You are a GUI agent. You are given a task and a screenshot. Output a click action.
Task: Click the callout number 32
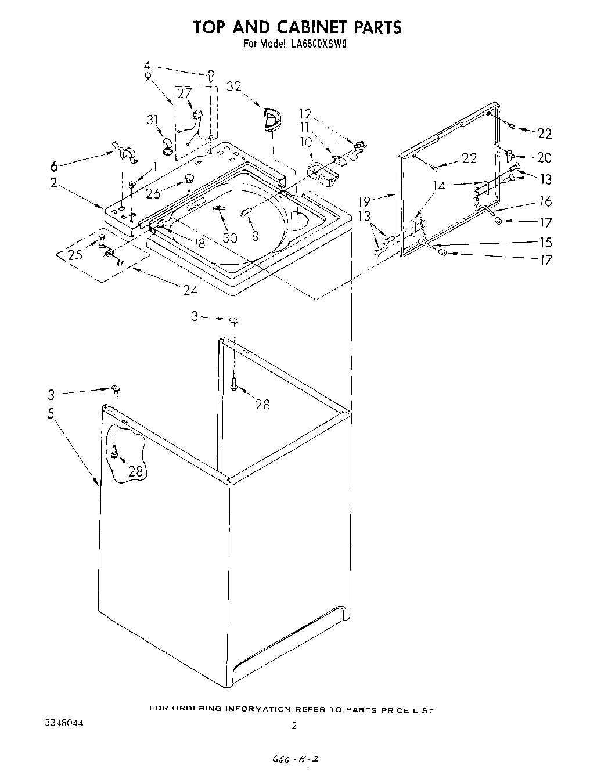235,87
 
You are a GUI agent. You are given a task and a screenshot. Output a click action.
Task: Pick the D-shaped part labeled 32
271,120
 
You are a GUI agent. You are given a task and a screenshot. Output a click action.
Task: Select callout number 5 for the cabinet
51,415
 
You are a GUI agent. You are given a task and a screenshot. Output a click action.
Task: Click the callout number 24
190,290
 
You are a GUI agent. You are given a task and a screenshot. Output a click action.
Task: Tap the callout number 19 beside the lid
364,202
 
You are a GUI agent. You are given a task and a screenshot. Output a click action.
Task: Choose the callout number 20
544,157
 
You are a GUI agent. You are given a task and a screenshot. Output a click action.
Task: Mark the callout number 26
153,194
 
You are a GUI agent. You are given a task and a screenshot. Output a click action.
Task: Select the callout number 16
545,202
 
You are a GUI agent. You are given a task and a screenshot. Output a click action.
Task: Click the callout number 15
545,242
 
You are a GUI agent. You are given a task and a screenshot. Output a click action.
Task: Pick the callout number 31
152,120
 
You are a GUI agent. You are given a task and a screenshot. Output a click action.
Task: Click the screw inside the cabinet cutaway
114,451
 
